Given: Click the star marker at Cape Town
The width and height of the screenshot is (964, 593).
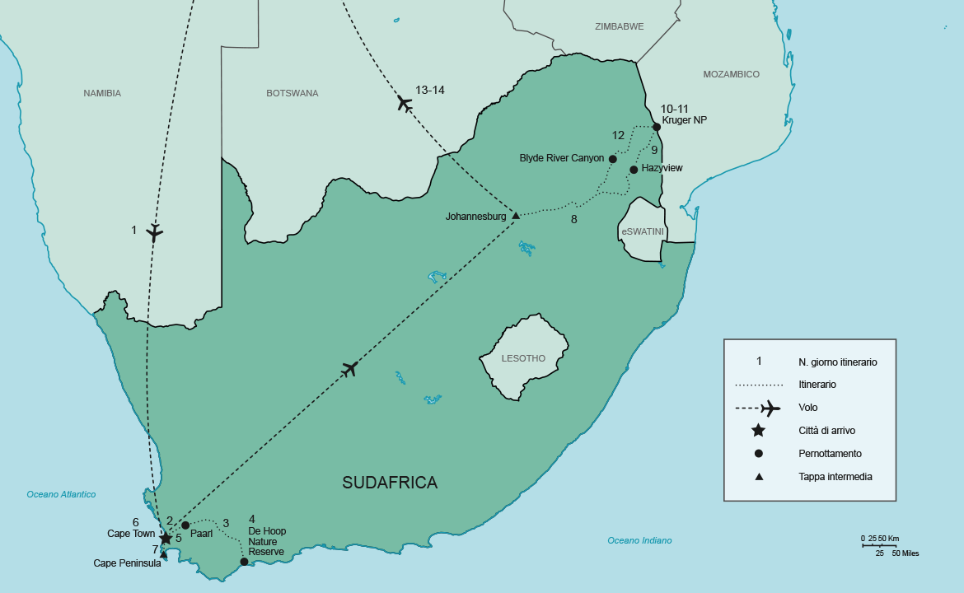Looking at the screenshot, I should (166, 538).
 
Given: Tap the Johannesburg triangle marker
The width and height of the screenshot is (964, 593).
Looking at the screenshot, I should (516, 216).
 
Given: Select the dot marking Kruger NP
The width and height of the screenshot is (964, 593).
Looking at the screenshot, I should (657, 127).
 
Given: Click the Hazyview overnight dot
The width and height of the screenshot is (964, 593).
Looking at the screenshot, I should (634, 170).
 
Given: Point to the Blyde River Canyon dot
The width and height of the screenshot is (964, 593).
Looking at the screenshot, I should (613, 159).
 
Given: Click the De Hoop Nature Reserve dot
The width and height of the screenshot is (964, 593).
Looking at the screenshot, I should (244, 562).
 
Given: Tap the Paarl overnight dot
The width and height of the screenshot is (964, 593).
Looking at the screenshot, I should (185, 525).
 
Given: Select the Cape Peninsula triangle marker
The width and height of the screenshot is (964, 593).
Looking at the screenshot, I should (163, 554).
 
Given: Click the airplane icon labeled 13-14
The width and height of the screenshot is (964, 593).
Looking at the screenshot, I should (404, 103).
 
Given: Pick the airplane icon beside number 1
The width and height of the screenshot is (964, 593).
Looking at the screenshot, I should (155, 232).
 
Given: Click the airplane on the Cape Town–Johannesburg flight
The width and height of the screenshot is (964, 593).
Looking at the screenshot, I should (349, 369).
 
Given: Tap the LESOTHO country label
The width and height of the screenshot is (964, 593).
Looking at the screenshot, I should (523, 358).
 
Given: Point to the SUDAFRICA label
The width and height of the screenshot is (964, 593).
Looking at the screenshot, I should (390, 483).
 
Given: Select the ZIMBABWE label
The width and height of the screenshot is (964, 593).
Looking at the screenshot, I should (619, 26).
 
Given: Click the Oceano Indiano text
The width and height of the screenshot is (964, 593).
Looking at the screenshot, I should (639, 540).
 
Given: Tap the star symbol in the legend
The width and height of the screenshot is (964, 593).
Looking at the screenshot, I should (759, 430).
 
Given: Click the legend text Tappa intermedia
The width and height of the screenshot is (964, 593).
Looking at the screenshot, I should (835, 476).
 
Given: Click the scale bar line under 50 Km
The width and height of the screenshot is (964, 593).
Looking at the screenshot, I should (879, 545).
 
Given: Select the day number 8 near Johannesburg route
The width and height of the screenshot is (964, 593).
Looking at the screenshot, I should (573, 219).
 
